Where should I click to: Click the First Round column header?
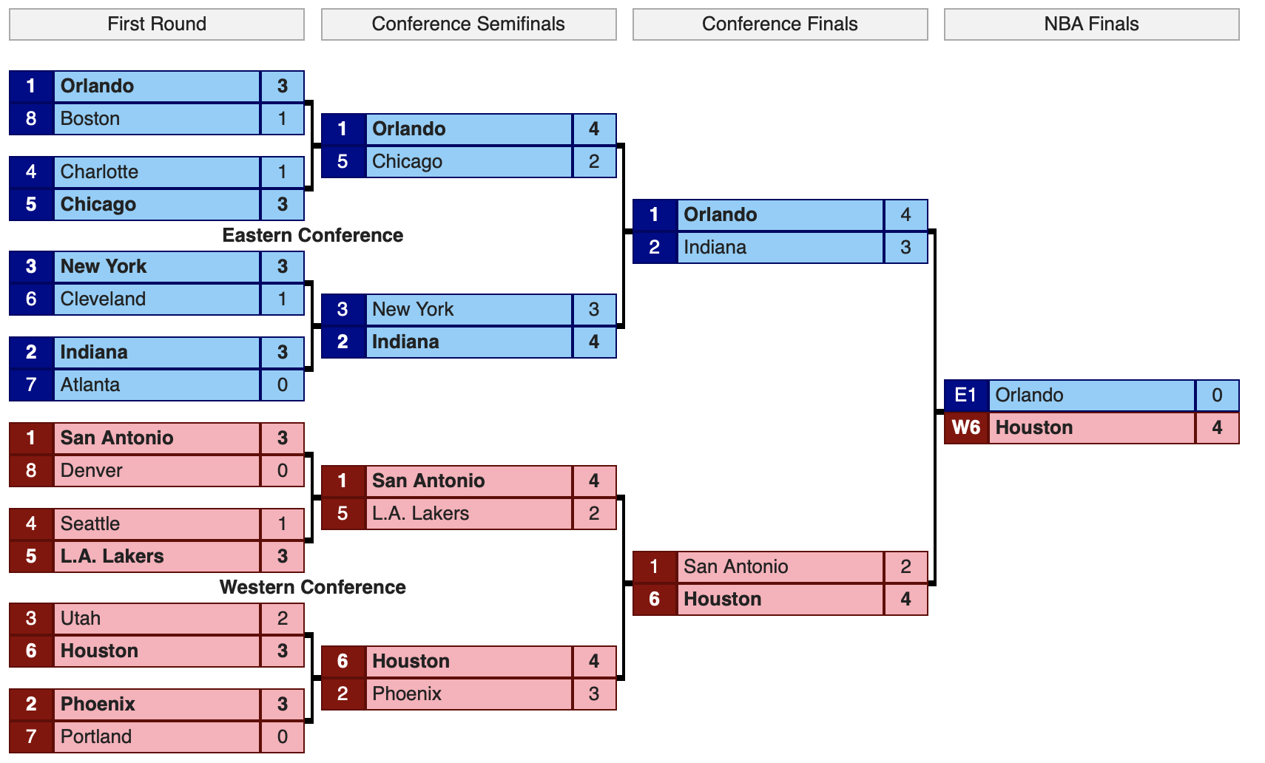[156, 24]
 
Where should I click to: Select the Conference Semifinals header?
[469, 24]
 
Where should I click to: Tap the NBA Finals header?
[1092, 24]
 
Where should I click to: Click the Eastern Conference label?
[312, 235]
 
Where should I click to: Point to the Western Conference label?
[312, 587]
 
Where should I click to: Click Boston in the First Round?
[90, 118]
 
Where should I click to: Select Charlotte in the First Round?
[99, 172]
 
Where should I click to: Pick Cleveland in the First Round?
[103, 299]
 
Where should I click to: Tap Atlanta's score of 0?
[283, 385]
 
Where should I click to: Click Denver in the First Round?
[92, 470]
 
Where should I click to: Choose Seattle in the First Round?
[90, 523]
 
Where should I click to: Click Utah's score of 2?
[283, 619]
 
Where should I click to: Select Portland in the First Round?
[96, 736]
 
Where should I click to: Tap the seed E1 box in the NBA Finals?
[966, 395]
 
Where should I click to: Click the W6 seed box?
[966, 428]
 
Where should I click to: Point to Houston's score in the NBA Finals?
[1218, 428]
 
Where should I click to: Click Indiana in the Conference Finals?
[715, 247]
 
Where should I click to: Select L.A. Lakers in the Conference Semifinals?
[421, 514]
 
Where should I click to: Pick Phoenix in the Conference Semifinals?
[407, 694]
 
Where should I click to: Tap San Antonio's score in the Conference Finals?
[905, 566]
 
